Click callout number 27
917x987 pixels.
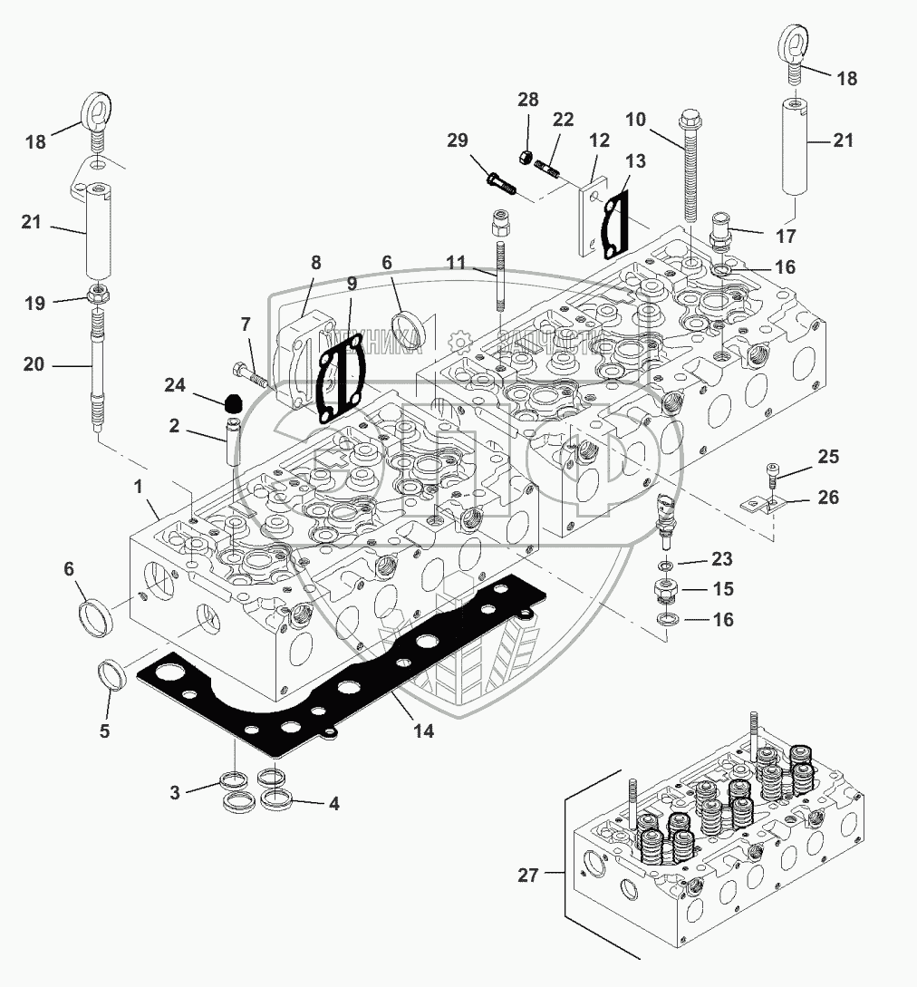tap(528, 876)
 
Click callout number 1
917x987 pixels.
tap(139, 487)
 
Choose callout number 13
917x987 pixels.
tap(635, 161)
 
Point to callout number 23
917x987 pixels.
tap(721, 559)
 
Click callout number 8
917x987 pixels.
tap(315, 264)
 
